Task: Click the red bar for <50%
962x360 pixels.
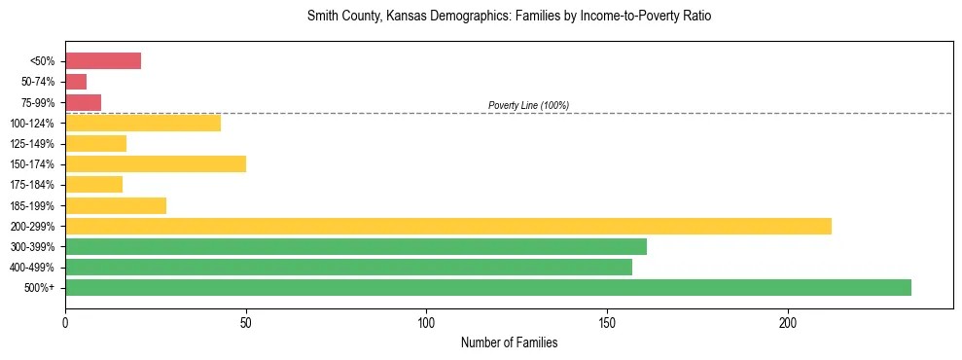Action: coord(103,61)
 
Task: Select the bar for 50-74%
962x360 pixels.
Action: coord(76,82)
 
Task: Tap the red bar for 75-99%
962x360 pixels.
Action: coord(83,102)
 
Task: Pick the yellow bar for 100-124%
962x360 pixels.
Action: coord(143,123)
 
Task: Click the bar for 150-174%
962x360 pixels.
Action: coord(156,163)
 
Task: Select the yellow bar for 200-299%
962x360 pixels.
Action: coord(448,226)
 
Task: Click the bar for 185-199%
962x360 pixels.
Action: coord(116,205)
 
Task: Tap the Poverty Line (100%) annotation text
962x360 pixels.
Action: coord(528,105)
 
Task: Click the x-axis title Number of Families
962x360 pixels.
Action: coord(509,342)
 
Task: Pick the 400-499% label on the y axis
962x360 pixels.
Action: coord(34,268)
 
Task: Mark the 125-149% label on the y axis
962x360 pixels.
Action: coord(34,144)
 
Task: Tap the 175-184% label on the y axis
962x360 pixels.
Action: coord(34,185)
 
